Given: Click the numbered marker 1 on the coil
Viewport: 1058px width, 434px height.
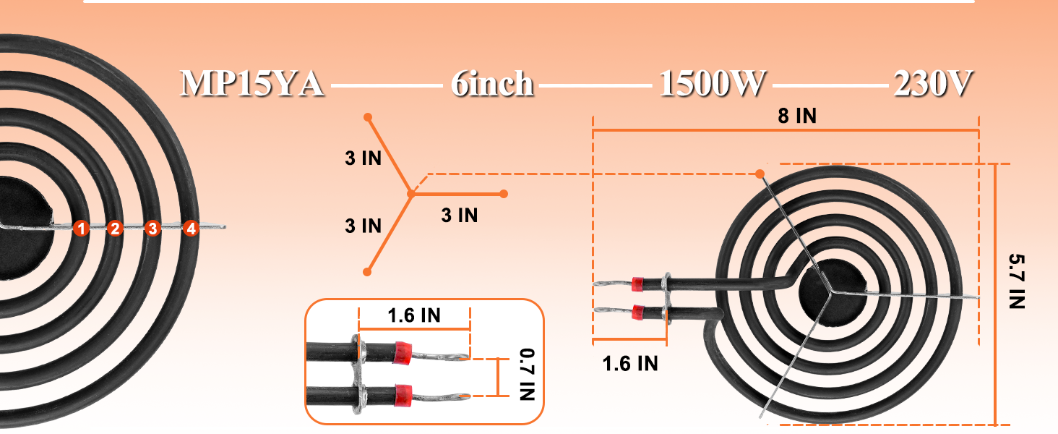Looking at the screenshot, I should (81, 229).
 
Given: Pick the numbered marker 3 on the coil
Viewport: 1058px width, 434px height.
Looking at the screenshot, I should (152, 229).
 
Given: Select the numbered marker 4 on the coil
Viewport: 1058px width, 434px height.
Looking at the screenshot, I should (190, 229).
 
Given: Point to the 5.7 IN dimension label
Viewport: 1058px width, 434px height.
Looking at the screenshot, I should (1017, 282).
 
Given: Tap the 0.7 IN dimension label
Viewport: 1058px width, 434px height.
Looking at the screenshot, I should (527, 375).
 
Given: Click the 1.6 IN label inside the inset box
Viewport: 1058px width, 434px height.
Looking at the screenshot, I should (414, 315).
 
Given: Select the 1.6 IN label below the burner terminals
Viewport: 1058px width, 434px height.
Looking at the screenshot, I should (630, 363).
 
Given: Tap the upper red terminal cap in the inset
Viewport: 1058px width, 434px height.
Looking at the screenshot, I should (403, 352).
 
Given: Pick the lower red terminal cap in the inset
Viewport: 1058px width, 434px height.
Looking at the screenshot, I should (403, 394).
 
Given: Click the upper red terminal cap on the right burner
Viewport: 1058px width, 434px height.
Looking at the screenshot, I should (637, 283).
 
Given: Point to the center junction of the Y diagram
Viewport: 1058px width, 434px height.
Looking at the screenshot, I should (410, 194).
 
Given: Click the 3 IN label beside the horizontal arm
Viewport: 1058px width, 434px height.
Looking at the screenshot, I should (460, 215).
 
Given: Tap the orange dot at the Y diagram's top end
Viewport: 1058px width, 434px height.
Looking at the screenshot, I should (368, 116).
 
